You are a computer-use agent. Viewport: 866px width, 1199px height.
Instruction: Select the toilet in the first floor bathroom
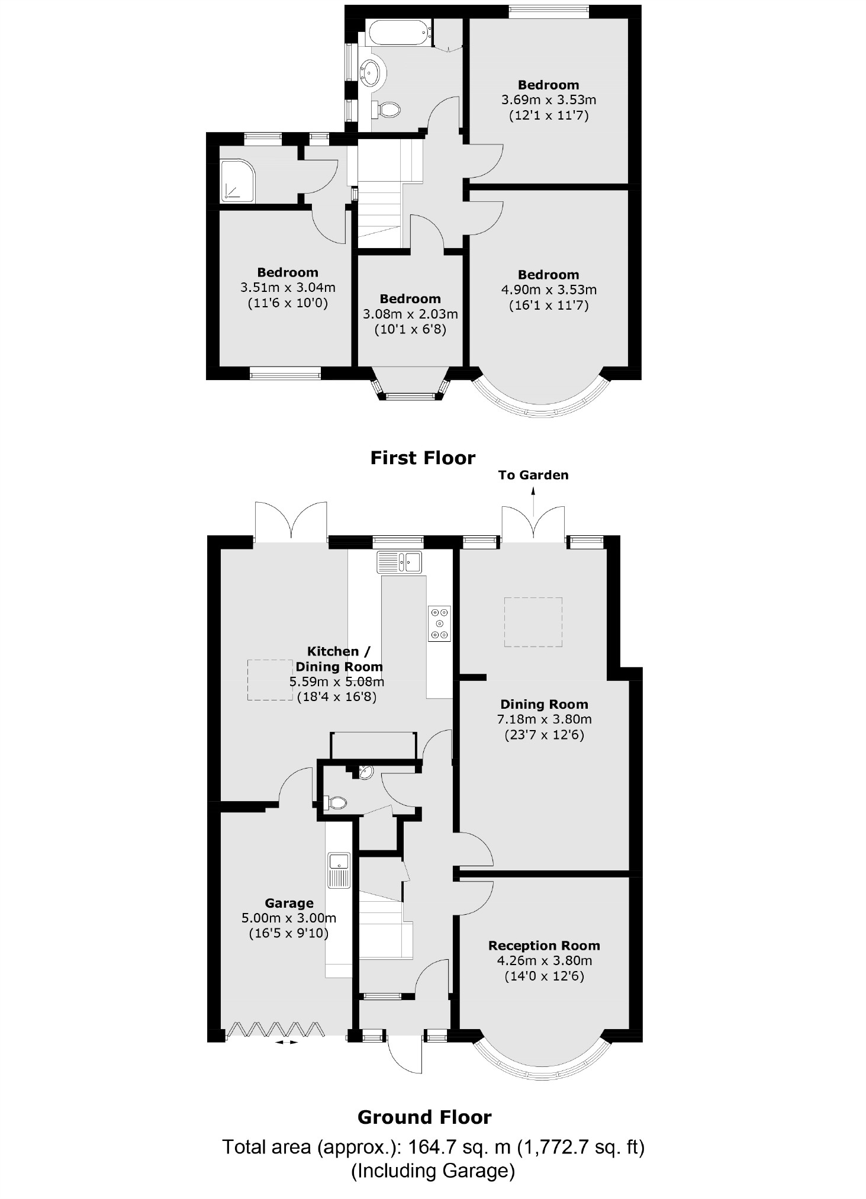click(x=388, y=108)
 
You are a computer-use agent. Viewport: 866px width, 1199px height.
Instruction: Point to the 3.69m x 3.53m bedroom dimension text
click(x=548, y=100)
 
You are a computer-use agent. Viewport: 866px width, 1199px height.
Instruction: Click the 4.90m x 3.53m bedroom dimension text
click(x=548, y=290)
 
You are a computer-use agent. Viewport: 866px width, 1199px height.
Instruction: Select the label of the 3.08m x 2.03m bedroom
click(x=410, y=299)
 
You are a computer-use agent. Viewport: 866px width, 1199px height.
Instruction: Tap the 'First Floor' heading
click(x=423, y=458)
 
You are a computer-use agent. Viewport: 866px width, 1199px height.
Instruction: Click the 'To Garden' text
click(x=533, y=475)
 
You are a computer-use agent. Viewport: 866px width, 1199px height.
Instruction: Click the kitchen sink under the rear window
click(x=400, y=561)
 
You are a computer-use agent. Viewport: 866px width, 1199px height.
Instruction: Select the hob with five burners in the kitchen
click(x=439, y=623)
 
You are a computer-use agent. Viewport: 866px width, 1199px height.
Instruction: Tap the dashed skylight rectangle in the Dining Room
click(x=533, y=622)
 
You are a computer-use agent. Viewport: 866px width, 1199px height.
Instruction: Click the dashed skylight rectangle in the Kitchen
click(x=270, y=680)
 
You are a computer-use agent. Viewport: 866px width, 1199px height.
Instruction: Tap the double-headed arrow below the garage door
click(x=287, y=1042)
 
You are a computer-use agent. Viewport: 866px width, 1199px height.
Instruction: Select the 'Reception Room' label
click(x=543, y=946)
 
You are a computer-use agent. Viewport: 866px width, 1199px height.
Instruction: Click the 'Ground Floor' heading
click(x=424, y=1117)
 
